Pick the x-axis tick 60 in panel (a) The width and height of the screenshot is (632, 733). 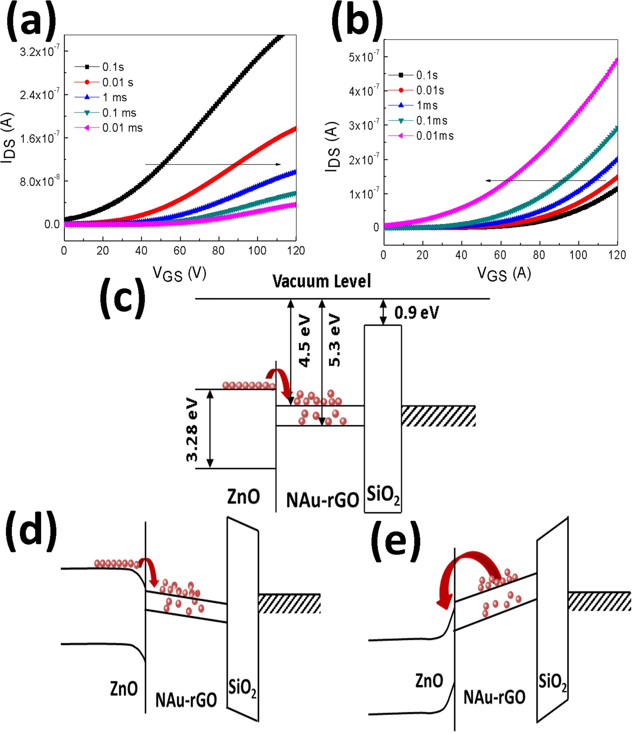pos(180,251)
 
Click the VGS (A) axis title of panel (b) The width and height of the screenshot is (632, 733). pos(504,273)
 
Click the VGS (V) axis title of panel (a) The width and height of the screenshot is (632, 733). pos(179,273)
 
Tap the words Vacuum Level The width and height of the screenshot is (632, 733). pos(321,281)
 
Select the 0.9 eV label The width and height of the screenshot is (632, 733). pos(416,313)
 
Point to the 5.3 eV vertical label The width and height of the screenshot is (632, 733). pos(334,341)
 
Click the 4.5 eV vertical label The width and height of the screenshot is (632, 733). pos(305,341)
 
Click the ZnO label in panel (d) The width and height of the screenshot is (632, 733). pos(124,689)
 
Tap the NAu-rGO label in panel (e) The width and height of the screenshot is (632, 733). pos(494,697)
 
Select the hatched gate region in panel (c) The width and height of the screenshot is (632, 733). pos(438,416)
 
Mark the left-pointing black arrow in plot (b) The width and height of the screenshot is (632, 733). pos(544,180)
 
